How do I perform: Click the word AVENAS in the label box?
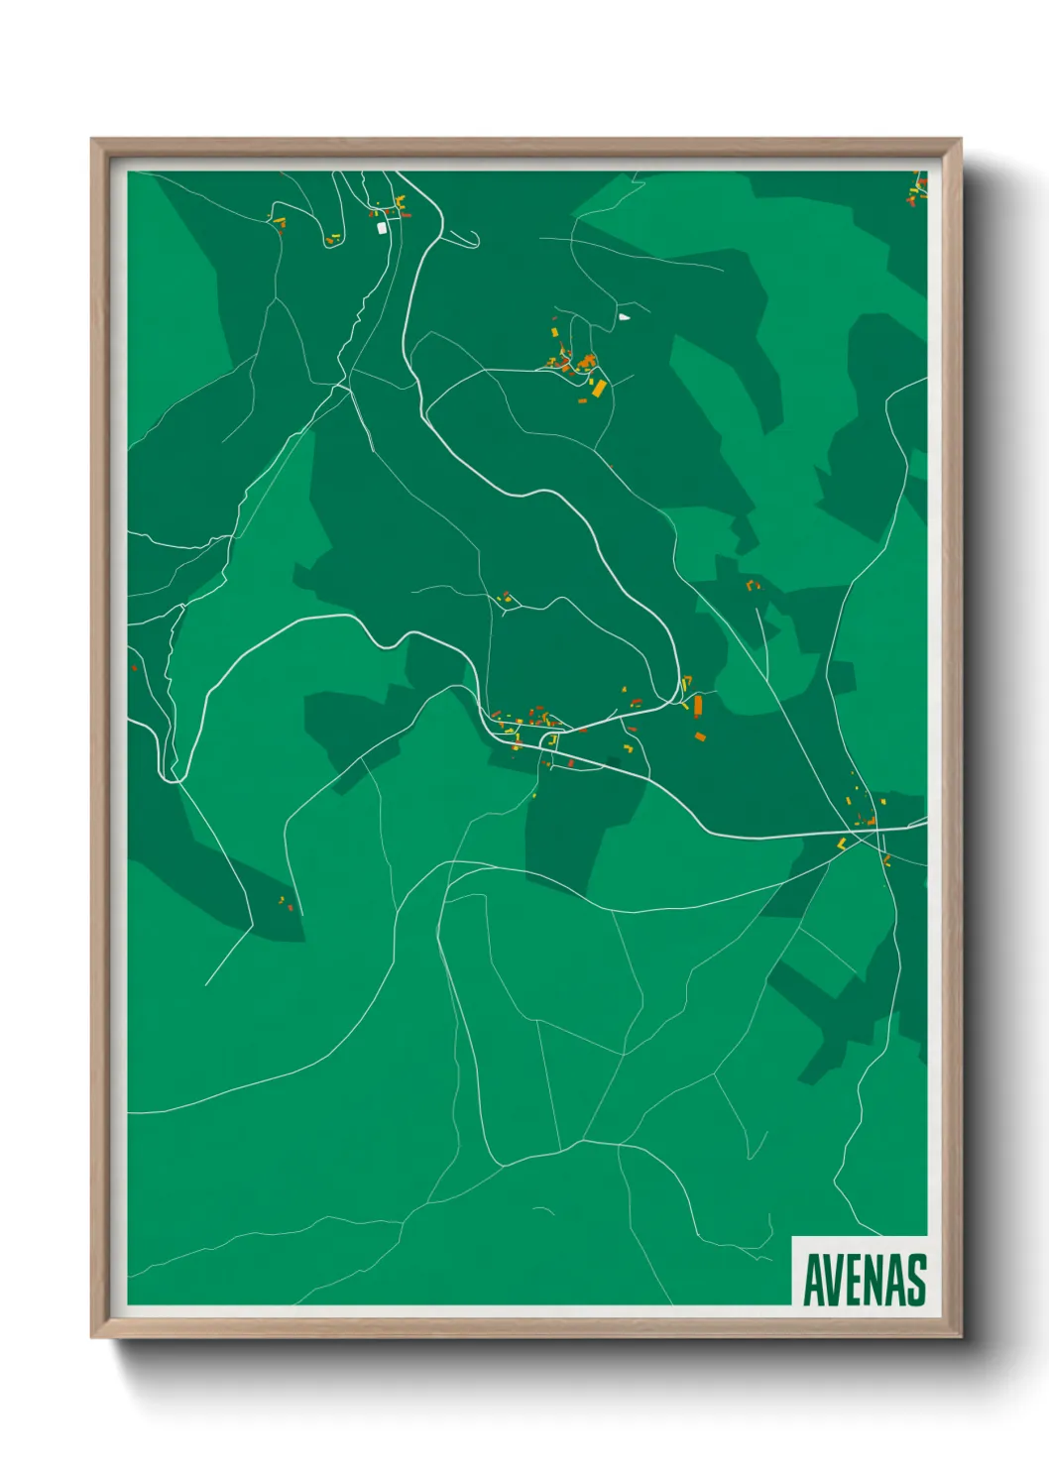[864, 1280]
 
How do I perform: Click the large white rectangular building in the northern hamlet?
[382, 228]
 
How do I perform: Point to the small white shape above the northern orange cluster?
[624, 317]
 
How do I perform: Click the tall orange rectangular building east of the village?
[698, 705]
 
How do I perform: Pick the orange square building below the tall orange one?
[699, 735]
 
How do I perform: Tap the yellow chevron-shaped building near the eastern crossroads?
[843, 844]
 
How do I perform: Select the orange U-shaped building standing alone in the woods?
[753, 586]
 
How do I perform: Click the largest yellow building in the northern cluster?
[599, 387]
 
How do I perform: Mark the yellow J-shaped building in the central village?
[553, 740]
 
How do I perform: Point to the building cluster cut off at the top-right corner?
[916, 188]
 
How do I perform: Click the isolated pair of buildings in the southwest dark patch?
[286, 902]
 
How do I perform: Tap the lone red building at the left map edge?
[135, 668]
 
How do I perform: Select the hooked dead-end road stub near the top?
[466, 241]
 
